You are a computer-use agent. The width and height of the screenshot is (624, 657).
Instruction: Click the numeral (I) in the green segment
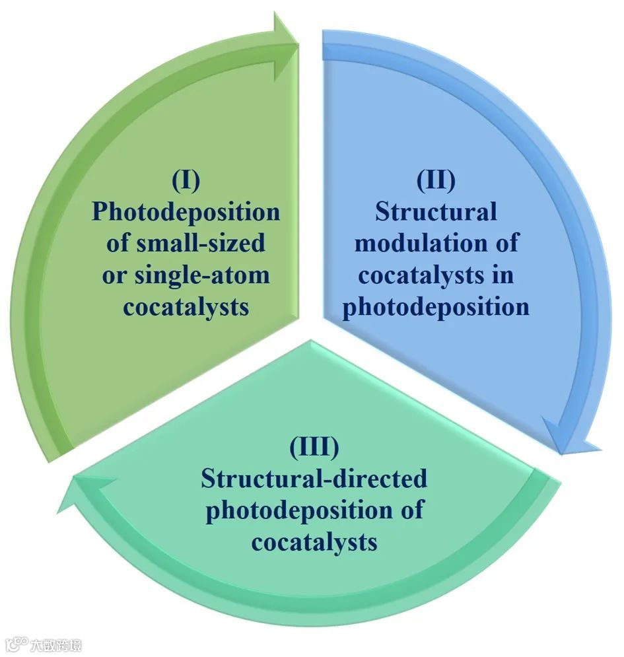point(186,180)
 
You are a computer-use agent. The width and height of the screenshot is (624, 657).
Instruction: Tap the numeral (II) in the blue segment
point(436,180)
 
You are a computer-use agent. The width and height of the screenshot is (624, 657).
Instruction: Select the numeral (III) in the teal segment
point(314,447)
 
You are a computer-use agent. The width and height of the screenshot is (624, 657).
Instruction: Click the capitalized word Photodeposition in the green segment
point(186,211)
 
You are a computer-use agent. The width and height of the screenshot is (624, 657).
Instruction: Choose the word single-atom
point(202,275)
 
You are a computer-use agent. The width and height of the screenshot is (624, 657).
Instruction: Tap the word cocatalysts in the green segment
point(186,306)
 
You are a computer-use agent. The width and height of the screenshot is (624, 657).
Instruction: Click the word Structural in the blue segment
point(436,211)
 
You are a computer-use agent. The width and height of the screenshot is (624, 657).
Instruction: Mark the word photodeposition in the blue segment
point(436,306)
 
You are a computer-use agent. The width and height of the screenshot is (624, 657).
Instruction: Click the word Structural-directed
point(314,478)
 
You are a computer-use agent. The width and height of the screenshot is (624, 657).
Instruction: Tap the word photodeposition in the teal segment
point(297,510)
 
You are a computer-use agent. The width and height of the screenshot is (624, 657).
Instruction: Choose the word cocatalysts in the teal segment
point(314,541)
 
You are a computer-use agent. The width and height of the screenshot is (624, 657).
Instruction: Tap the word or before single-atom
point(113,275)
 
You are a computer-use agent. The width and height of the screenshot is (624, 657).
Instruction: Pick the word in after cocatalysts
point(503,275)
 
